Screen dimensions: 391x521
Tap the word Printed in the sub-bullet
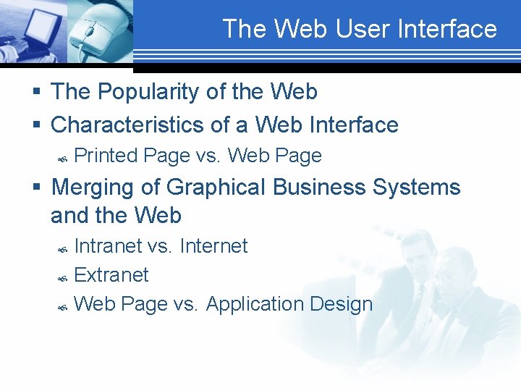[x=106, y=156]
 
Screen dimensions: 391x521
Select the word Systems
[x=416, y=187]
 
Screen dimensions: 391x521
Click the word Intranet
[x=108, y=246]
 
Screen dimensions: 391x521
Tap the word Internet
[x=213, y=246]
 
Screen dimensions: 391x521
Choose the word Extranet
[x=111, y=275]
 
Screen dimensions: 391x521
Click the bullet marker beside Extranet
[x=62, y=278]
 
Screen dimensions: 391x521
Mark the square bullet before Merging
[x=36, y=188]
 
